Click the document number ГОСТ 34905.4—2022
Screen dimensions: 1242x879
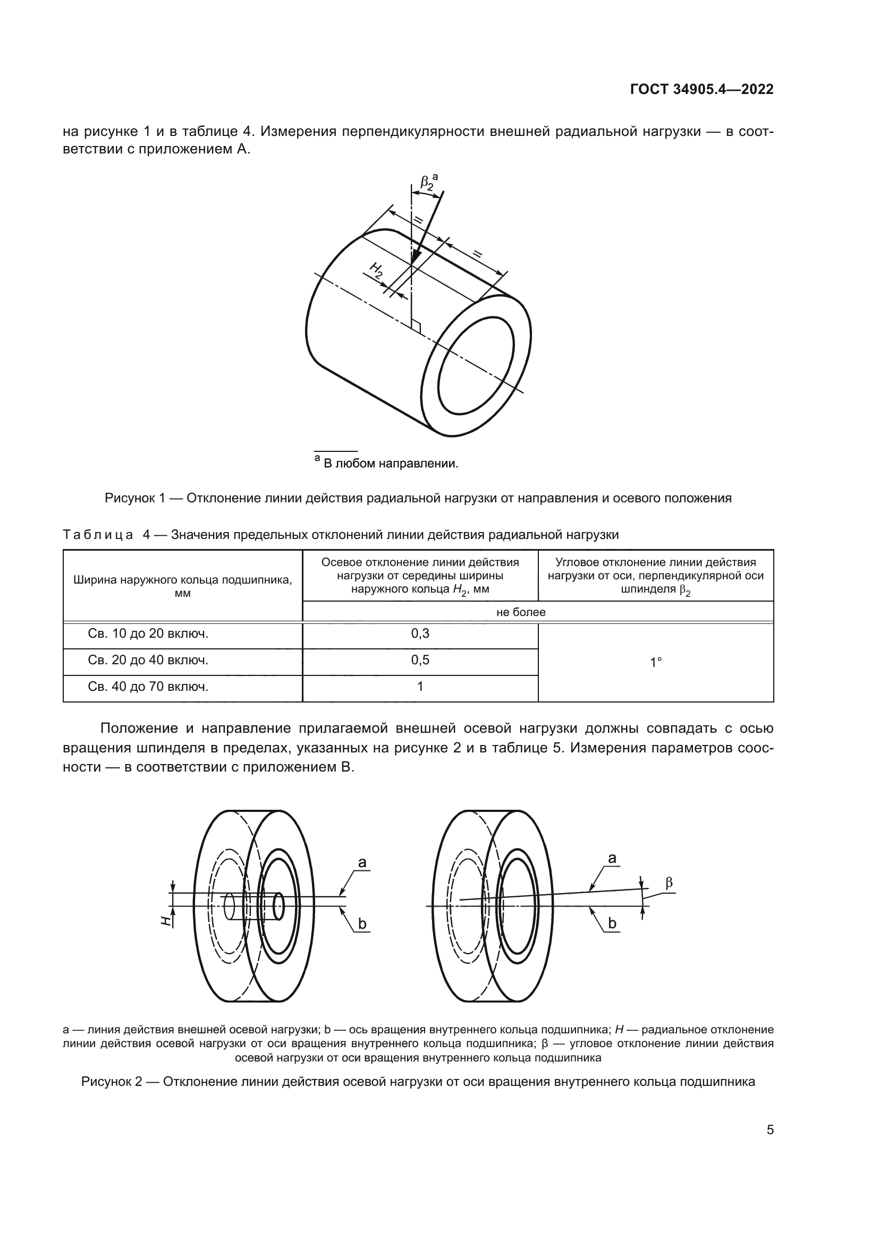pyautogui.click(x=701, y=90)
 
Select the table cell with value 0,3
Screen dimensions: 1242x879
pyautogui.click(x=420, y=633)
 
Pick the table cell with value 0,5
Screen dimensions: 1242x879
pyautogui.click(x=420, y=660)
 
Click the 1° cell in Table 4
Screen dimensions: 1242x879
pyautogui.click(x=655, y=662)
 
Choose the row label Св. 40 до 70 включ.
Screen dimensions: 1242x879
pyautogui.click(x=148, y=687)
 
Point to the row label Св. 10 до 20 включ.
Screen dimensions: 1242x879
pyautogui.click(x=148, y=633)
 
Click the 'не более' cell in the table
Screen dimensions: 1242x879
pyautogui.click(x=521, y=612)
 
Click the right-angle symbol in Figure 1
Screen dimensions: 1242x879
pyautogui.click(x=416, y=326)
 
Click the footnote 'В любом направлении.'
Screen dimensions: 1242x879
pyautogui.click(x=390, y=464)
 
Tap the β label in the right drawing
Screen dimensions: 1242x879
pyautogui.click(x=669, y=884)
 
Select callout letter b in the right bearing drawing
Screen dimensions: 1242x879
pyautogui.click(x=612, y=923)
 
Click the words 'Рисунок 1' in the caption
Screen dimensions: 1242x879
pyautogui.click(x=134, y=498)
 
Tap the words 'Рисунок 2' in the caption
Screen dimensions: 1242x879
pyautogui.click(x=112, y=1082)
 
